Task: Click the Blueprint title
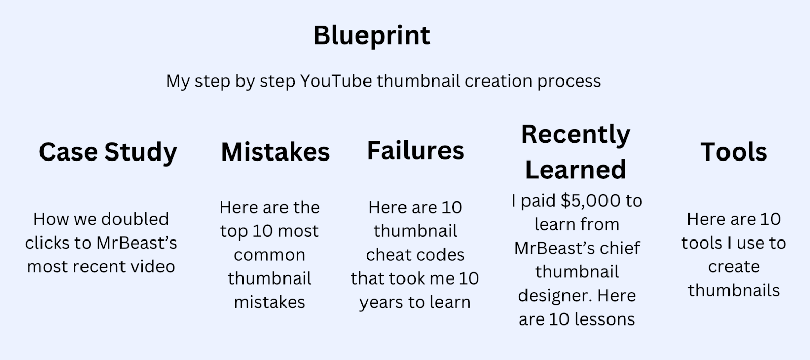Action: pyautogui.click(x=372, y=36)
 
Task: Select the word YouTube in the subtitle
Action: pyautogui.click(x=336, y=81)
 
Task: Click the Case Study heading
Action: pyautogui.click(x=108, y=152)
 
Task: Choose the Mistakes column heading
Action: pyautogui.click(x=275, y=152)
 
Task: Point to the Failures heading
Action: pyautogui.click(x=415, y=150)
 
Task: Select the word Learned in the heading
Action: pyautogui.click(x=576, y=169)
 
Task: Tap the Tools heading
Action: pyautogui.click(x=734, y=152)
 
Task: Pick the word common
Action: pyautogui.click(x=269, y=255)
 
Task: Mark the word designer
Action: pyautogui.click(x=555, y=296)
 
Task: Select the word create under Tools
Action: pyautogui.click(x=734, y=267)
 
